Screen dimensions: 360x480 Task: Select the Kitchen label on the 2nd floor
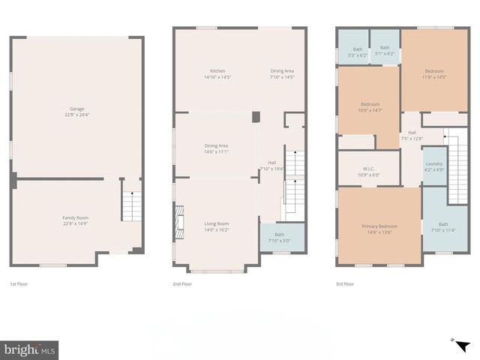coord(217,73)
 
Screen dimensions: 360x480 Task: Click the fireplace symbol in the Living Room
coord(178,222)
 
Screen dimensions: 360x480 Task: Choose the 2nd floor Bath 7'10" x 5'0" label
coord(279,238)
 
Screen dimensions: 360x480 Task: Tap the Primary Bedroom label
coord(379,229)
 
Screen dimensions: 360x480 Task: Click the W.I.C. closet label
coord(369,172)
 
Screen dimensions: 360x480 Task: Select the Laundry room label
coord(433,166)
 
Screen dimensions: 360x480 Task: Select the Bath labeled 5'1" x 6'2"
coord(384,51)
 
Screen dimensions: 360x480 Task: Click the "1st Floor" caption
coord(19,284)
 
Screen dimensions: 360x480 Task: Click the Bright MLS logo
coord(30,349)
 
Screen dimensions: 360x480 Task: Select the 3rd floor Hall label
coord(412,136)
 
